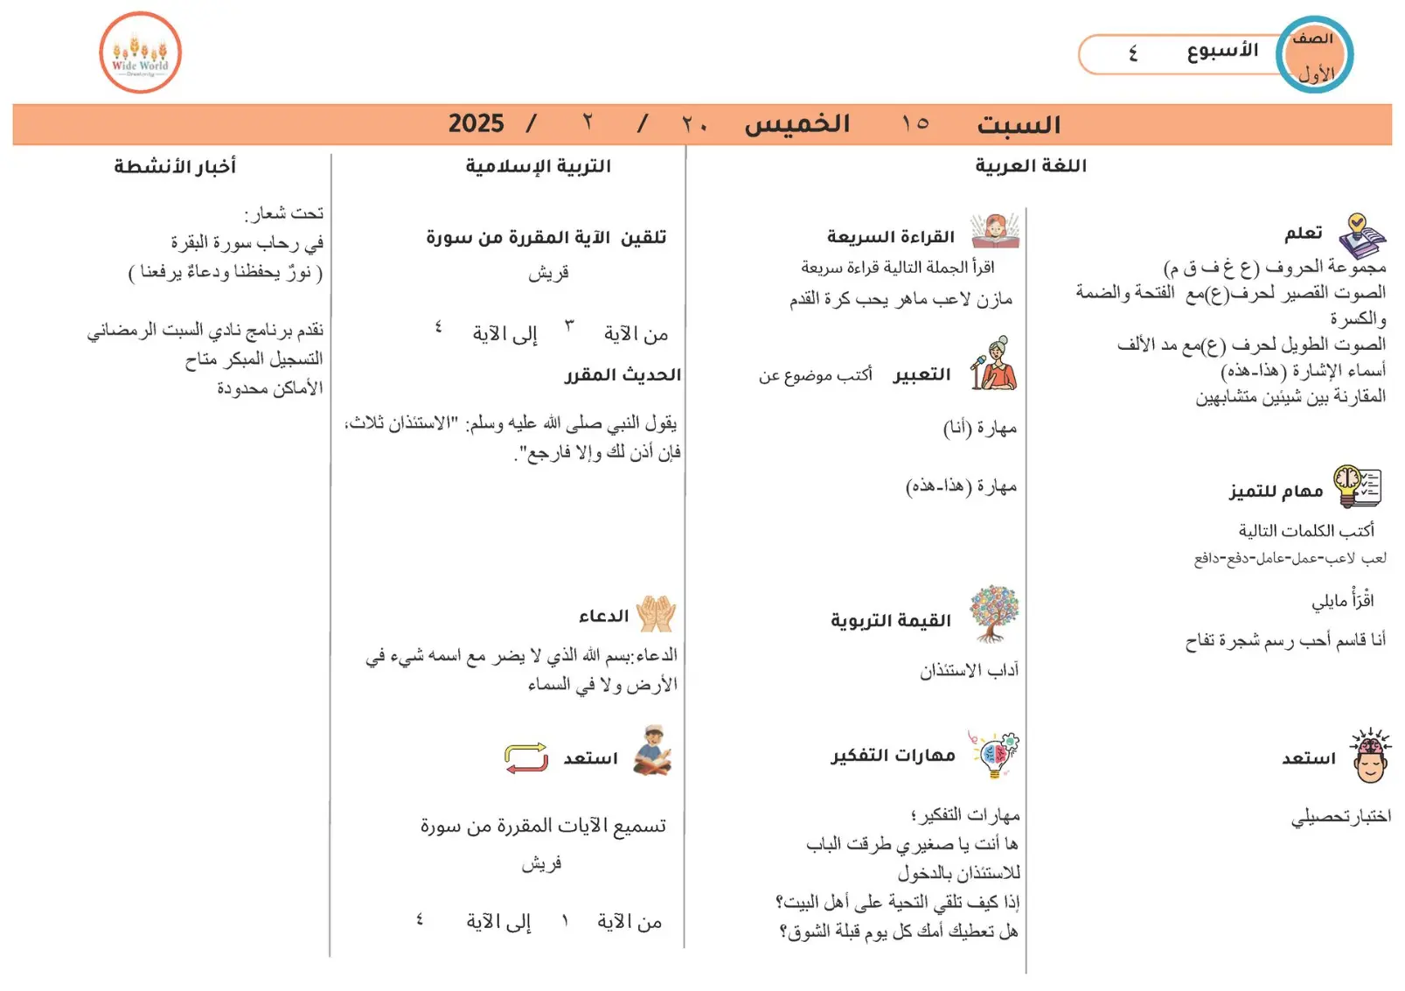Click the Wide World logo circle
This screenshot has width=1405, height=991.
tap(140, 52)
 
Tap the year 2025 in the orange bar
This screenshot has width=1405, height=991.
tap(476, 123)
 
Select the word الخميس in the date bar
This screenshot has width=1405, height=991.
tap(796, 123)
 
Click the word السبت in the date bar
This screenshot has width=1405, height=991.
tap(1018, 125)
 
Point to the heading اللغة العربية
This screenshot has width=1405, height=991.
tap(1031, 165)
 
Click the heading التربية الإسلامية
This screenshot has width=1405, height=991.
tap(538, 165)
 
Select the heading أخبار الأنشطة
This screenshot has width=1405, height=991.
tap(175, 165)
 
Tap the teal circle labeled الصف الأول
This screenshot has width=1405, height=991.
tap(1314, 54)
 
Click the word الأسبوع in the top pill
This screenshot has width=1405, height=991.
tap(1221, 51)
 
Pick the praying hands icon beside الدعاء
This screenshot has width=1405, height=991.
tap(656, 613)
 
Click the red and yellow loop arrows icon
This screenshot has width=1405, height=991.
tap(526, 757)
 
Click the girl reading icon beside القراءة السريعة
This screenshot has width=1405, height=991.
tap(995, 232)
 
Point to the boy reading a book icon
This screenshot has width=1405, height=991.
tap(652, 750)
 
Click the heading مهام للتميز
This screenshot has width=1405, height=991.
tap(1276, 491)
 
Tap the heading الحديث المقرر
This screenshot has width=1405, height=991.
tap(623, 374)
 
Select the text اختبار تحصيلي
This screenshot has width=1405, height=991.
tap(1340, 816)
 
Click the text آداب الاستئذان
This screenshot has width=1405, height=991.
tap(969, 670)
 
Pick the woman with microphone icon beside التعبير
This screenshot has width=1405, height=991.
tap(994, 364)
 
